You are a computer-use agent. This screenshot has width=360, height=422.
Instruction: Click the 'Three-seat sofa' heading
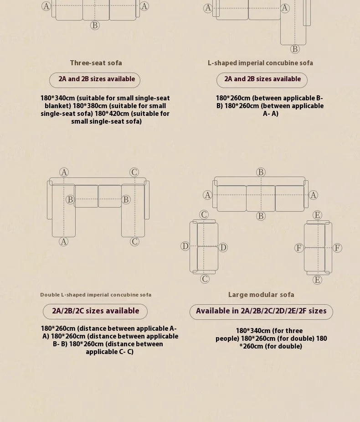(x=96, y=63)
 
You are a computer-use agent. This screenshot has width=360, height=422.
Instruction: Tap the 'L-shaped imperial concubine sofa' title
(x=260, y=63)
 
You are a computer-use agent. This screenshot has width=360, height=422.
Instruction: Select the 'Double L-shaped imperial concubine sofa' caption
(x=96, y=295)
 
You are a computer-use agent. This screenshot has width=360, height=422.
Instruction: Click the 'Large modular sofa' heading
(x=261, y=295)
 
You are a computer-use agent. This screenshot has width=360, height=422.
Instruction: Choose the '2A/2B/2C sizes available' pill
(x=95, y=312)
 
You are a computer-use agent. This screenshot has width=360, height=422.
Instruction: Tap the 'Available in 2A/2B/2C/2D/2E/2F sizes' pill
(x=261, y=312)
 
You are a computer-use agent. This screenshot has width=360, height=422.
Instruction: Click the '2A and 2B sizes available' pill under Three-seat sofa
(x=95, y=80)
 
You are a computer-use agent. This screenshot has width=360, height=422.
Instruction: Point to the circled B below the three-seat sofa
(x=95, y=25)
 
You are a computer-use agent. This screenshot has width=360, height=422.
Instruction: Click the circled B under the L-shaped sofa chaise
(x=295, y=49)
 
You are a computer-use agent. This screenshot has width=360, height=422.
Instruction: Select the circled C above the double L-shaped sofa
(x=134, y=172)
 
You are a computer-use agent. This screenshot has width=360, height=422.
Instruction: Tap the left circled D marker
(x=185, y=246)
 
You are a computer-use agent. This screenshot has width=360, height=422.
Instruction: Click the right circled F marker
(x=337, y=248)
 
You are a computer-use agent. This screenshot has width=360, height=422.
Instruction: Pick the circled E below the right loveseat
(x=317, y=280)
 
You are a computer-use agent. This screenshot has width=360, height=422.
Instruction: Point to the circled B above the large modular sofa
(x=261, y=172)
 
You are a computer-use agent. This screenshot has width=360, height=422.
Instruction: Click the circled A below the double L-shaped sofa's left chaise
(x=64, y=242)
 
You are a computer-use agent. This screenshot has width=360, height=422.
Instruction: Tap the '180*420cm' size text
(x=107, y=114)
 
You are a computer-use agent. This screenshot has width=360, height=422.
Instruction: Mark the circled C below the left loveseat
(x=205, y=279)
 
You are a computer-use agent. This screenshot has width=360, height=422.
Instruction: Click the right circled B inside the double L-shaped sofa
(x=126, y=200)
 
